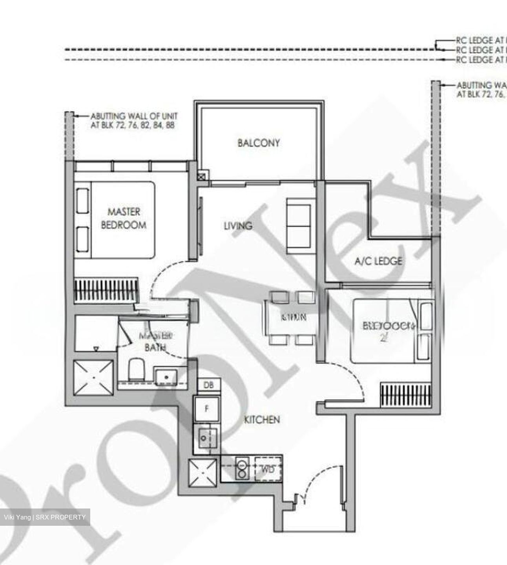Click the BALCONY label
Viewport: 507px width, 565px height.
click(259, 143)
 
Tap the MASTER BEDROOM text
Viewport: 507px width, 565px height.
click(124, 219)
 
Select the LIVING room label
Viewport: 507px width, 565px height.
click(238, 226)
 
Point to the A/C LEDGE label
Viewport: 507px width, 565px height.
click(378, 261)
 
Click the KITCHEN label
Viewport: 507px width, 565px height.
click(262, 420)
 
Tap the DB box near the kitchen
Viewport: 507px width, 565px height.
click(209, 385)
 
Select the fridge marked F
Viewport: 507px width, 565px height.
click(207, 408)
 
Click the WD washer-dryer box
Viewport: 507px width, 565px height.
click(269, 469)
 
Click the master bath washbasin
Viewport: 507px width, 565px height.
click(166, 377)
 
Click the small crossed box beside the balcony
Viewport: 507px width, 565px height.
click(202, 177)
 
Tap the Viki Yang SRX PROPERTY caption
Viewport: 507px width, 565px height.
click(45, 517)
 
